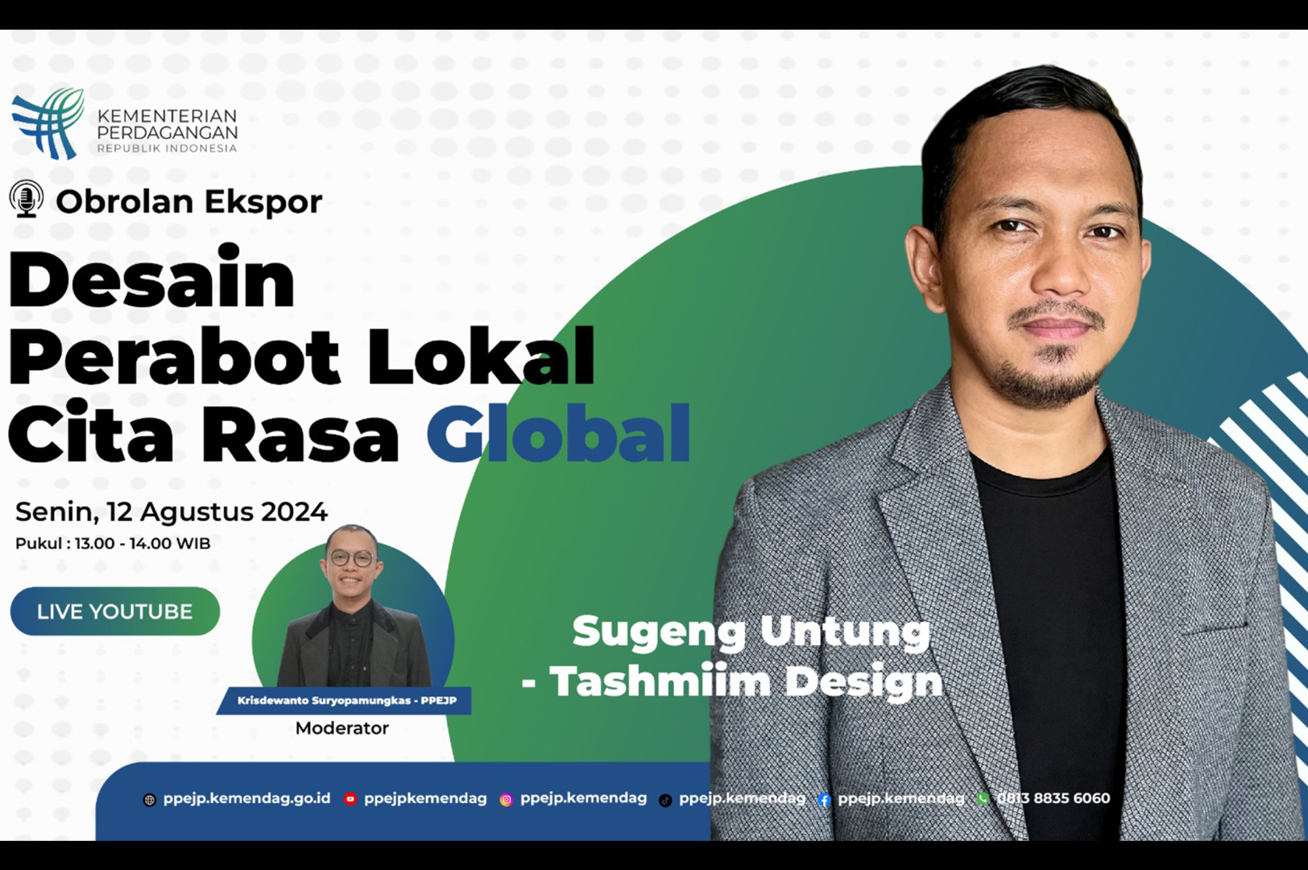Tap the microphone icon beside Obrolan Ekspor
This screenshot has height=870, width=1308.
tap(27, 199)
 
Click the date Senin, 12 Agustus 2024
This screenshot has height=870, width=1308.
tap(172, 512)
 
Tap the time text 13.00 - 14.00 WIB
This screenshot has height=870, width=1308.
tap(143, 544)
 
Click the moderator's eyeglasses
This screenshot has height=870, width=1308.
tap(352, 557)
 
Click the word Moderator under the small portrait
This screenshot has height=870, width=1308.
tap(341, 728)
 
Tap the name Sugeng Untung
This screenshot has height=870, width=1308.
tap(751, 631)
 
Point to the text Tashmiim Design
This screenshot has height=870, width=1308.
tap(745, 681)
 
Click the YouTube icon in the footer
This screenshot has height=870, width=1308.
tap(350, 799)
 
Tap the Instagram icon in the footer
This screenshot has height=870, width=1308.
tap(506, 800)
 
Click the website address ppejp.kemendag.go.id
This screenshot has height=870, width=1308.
tap(246, 798)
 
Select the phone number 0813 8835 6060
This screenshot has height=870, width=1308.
tap(1053, 798)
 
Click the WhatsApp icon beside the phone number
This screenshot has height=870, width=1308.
tap(983, 799)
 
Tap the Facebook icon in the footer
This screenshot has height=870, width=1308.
tap(824, 800)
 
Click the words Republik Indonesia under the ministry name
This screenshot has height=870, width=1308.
tap(167, 148)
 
